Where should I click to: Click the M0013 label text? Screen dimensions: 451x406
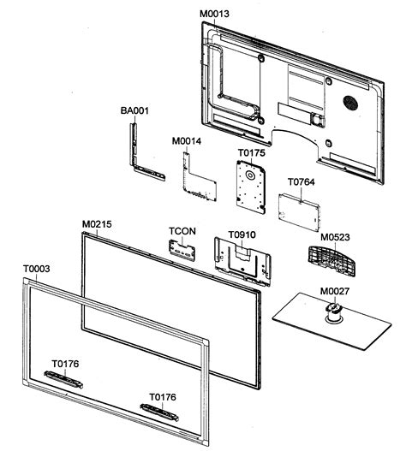214,15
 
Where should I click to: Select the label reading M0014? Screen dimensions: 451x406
187,140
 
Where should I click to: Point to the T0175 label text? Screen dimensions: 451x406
251,152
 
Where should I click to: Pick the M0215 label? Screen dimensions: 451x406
97,224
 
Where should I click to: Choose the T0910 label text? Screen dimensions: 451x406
242,234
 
